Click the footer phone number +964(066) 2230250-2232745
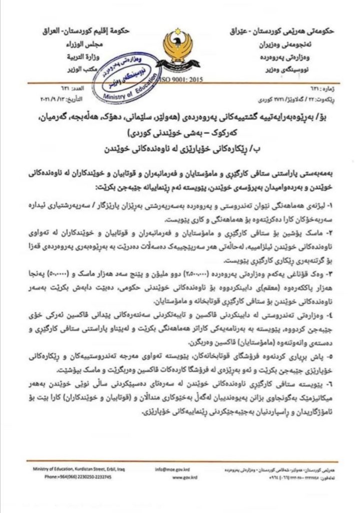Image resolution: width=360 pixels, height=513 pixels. pyautogui.click(x=77, y=477)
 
